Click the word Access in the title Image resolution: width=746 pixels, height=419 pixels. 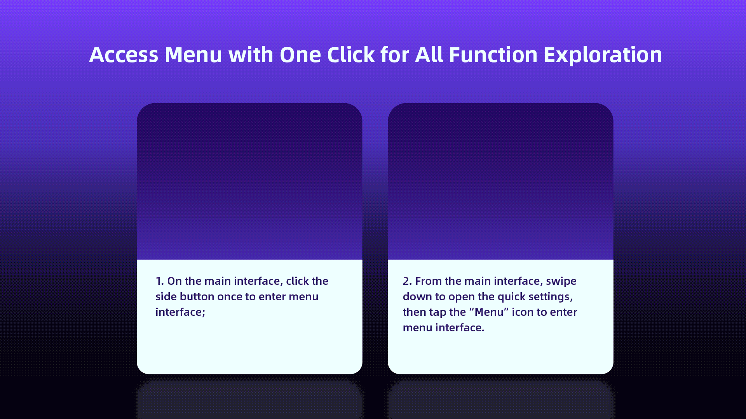(124, 55)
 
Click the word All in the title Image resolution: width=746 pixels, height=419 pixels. (429, 55)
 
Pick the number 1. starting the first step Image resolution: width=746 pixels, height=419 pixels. (160, 281)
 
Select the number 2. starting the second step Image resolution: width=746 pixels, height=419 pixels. (407, 281)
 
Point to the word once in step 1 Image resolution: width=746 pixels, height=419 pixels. (230, 297)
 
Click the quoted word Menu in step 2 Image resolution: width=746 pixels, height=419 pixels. (489, 312)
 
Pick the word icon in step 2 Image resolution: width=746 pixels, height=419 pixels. (523, 312)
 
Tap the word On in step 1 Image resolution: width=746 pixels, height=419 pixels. (174, 281)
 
